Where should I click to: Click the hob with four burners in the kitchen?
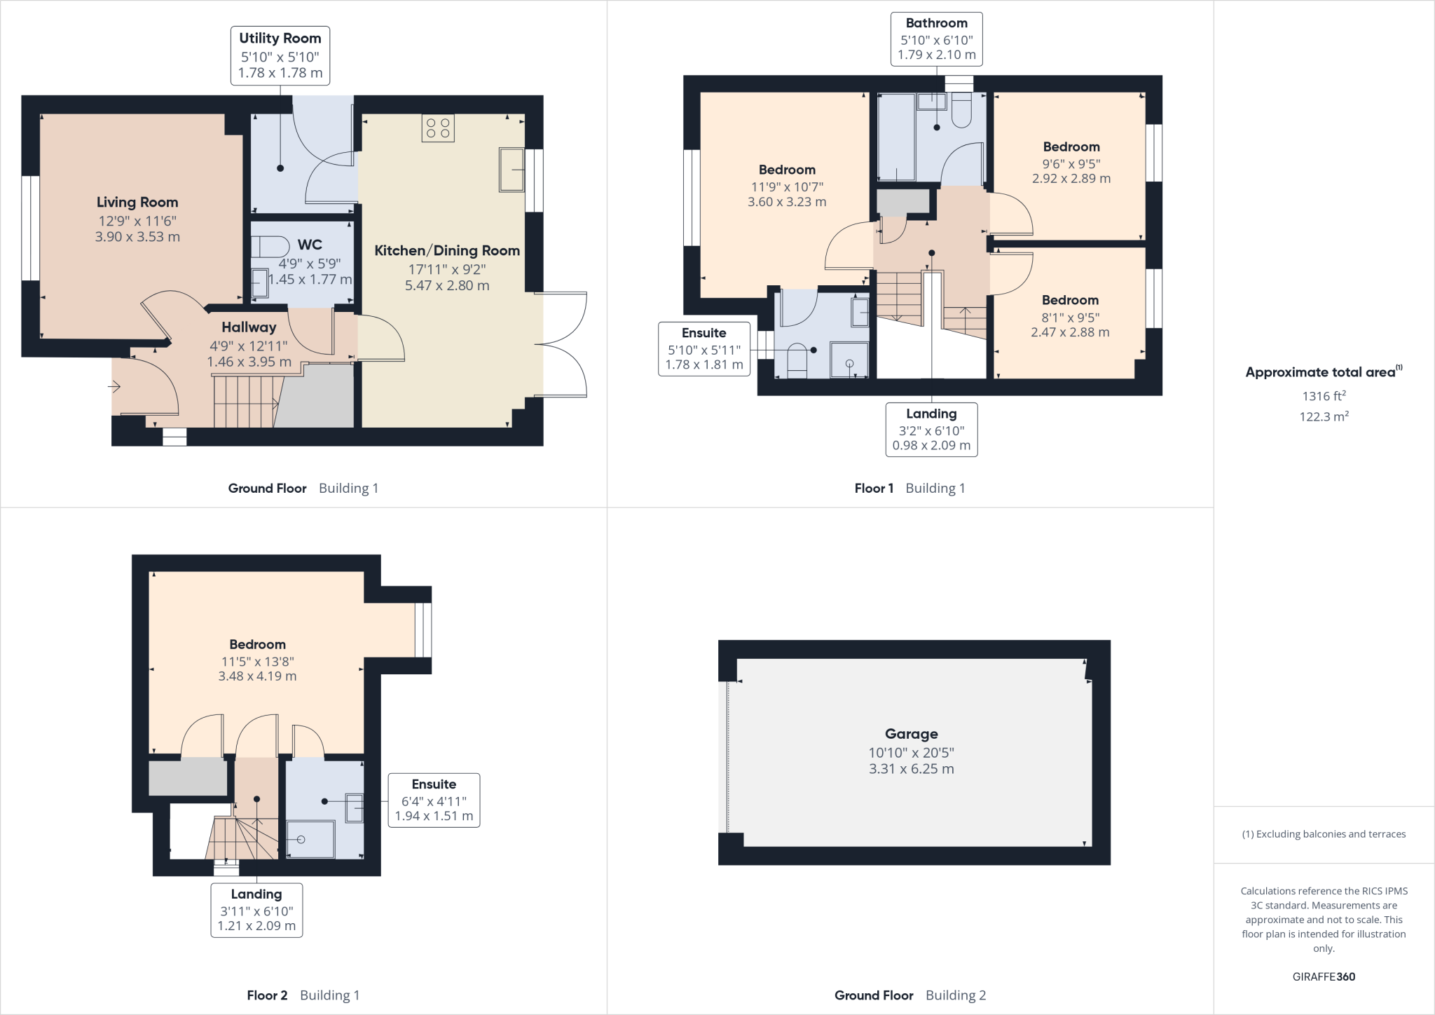click(438, 128)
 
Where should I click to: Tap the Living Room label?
click(137, 203)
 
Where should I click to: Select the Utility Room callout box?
click(280, 56)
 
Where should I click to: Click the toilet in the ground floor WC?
click(271, 247)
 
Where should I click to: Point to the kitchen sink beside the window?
click(511, 169)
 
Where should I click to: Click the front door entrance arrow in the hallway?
click(115, 386)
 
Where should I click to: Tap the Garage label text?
click(911, 734)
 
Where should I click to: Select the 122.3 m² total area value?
click(1324, 416)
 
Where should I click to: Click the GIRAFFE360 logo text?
click(1324, 976)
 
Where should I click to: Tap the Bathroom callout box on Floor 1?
click(936, 39)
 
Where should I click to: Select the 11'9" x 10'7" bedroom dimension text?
click(787, 187)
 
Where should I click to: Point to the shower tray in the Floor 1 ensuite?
click(849, 360)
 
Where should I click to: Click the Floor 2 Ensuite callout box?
click(434, 800)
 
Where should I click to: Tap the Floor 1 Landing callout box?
click(931, 429)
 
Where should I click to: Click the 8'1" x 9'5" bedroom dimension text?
click(1070, 318)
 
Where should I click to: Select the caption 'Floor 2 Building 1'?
click(303, 995)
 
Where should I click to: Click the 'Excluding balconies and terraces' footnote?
click(1324, 834)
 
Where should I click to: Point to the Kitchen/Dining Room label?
click(447, 251)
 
